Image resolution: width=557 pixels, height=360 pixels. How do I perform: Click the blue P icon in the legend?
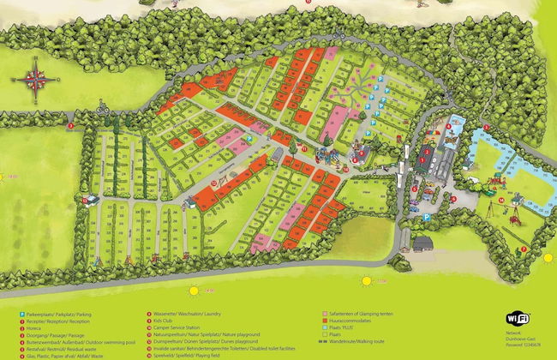click(22, 315)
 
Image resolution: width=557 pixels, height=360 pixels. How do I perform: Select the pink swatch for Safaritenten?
click(325, 315)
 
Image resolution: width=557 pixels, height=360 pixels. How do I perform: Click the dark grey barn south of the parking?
click(422, 243)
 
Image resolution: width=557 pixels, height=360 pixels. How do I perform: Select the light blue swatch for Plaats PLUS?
click(325, 328)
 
